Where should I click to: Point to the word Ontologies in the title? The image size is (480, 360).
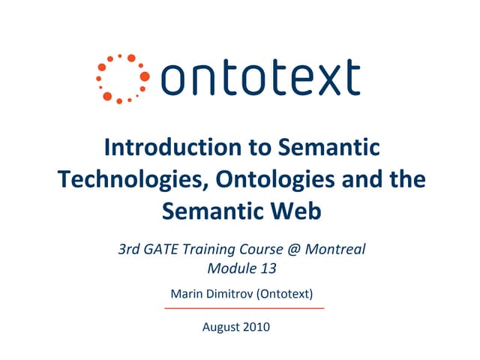(x=272, y=179)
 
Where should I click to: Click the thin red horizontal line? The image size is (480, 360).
(x=244, y=308)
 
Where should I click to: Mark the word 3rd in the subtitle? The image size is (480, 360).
(x=133, y=248)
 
